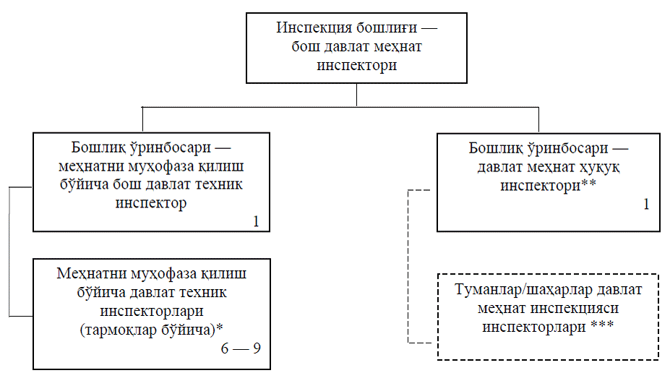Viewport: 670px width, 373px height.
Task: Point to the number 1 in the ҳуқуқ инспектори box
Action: pyautogui.click(x=646, y=204)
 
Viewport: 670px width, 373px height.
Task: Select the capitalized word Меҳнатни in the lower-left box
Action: pyautogui.click(x=87, y=275)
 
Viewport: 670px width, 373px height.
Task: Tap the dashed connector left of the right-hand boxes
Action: pyautogui.click(x=409, y=267)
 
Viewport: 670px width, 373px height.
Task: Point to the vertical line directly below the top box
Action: pyautogui.click(x=357, y=95)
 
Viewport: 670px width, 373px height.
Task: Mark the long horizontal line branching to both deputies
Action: pyautogui.click(x=340, y=108)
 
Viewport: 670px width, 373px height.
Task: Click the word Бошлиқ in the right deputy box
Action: pyautogui.click(x=496, y=149)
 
